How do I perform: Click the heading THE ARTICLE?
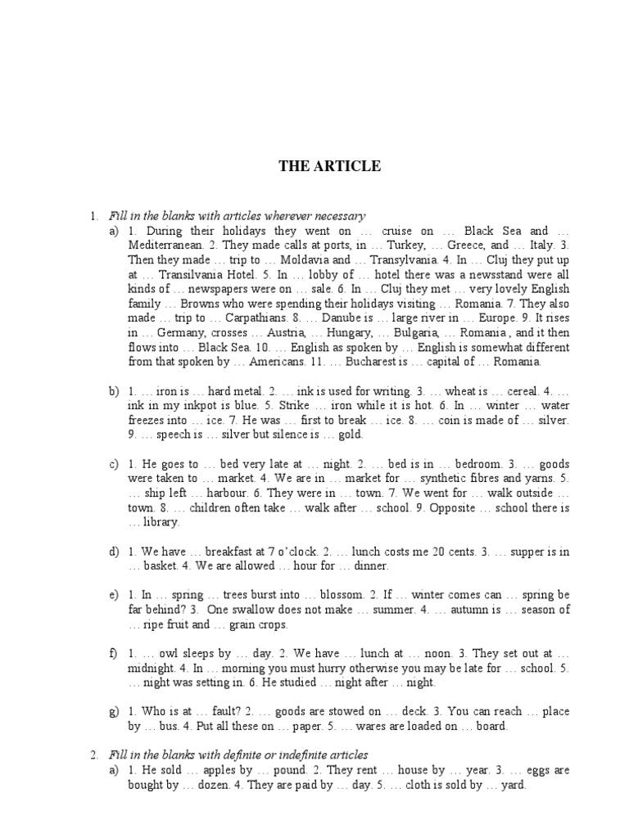[x=329, y=166]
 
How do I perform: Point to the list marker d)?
[x=114, y=552]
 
